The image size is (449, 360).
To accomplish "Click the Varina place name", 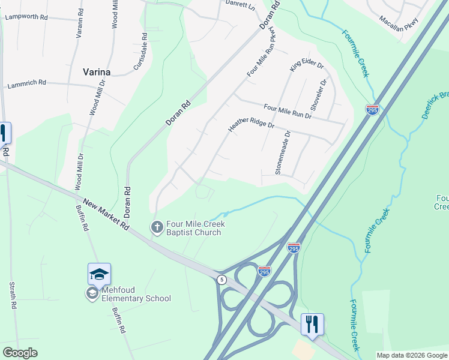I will point(96,72).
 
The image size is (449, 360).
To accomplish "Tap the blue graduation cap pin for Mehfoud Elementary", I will point(99,275).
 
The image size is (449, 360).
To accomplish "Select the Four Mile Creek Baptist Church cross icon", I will point(156,227).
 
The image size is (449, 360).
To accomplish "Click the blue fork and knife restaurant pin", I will point(312,324).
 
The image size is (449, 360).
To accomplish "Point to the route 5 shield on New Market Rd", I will point(221,279).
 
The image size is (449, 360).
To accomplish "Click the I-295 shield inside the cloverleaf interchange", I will point(264,271).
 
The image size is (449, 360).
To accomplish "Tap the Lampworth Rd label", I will point(26,17).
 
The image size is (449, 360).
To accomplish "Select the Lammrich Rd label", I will point(28,86).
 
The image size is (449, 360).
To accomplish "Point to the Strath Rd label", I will point(12,295).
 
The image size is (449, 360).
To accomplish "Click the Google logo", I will point(20,353).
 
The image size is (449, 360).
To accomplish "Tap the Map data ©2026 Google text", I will point(411,355).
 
